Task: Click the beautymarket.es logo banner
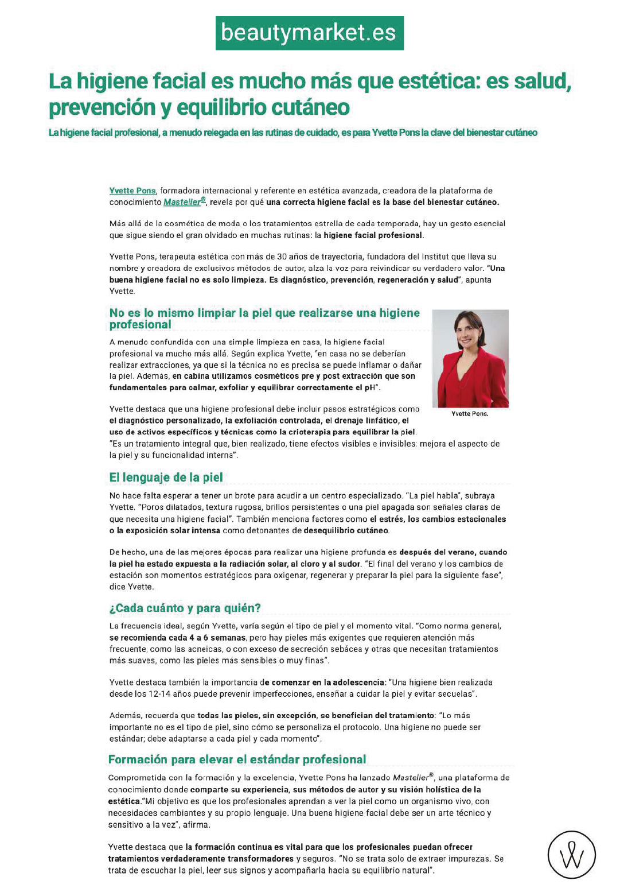point(310,33)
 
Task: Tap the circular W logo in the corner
point(571,855)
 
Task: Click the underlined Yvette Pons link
point(132,191)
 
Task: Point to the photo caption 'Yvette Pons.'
point(470,414)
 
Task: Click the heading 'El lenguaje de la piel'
point(166,478)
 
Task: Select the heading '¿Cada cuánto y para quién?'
point(185,608)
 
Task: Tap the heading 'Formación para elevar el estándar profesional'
point(237,759)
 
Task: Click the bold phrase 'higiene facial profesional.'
point(374,235)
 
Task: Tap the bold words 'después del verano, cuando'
point(453,552)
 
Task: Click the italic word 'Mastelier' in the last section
point(411,778)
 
